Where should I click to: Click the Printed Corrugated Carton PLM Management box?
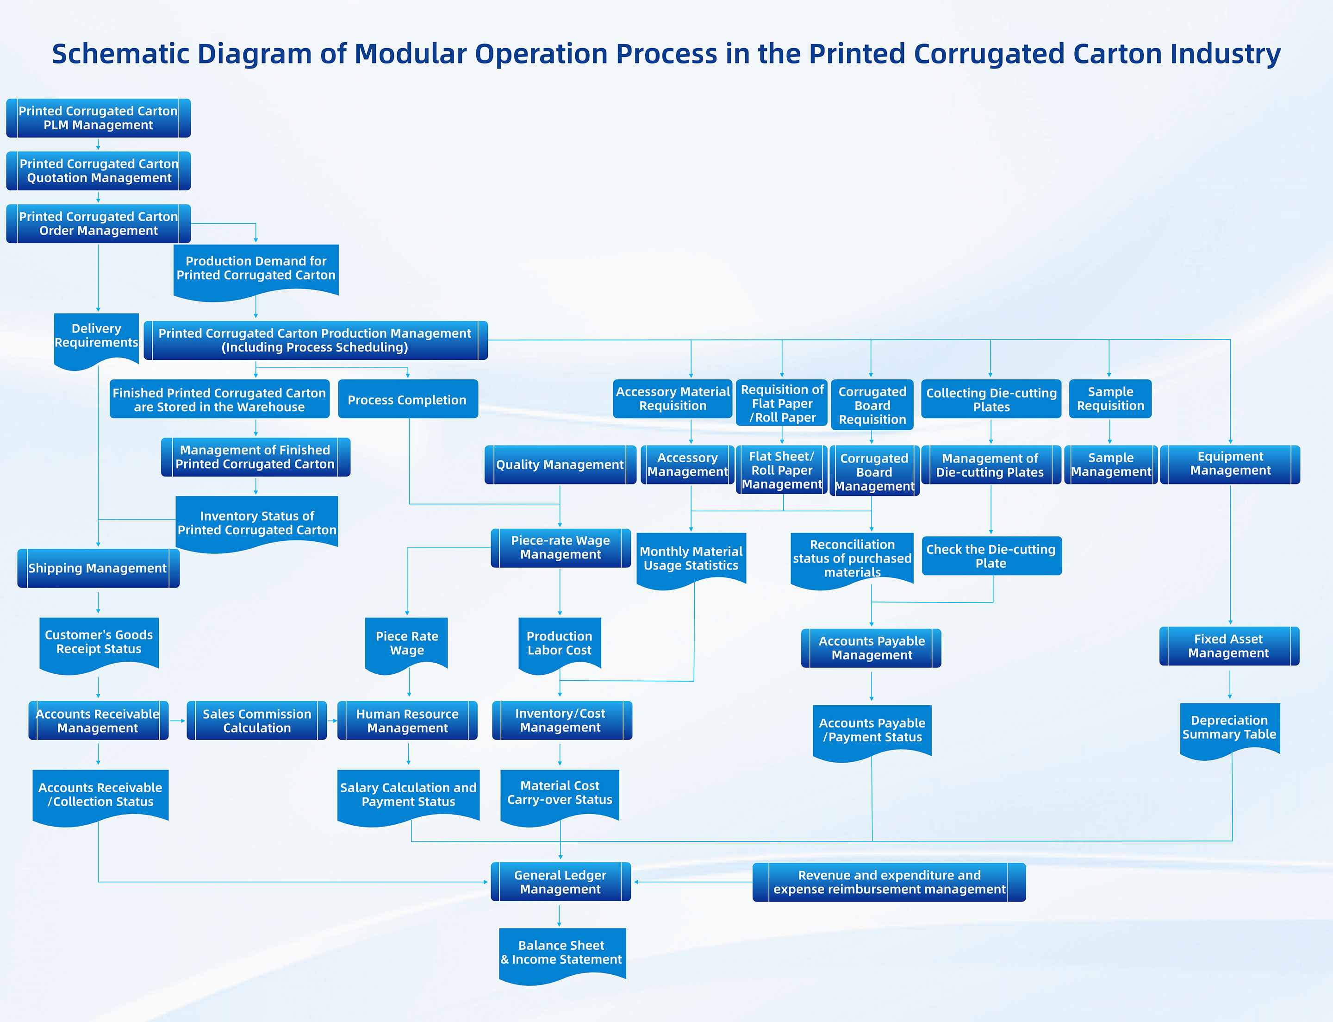(x=98, y=118)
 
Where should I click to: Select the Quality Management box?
(x=560, y=465)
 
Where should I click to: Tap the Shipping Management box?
(x=98, y=568)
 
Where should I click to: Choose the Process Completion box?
(x=407, y=400)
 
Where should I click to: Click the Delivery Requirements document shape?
(x=96, y=336)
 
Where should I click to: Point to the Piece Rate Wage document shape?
(x=407, y=644)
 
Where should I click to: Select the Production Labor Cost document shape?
(x=560, y=644)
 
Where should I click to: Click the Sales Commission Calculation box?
(x=256, y=721)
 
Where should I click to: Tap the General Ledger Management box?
(x=560, y=882)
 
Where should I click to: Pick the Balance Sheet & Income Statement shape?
(x=561, y=953)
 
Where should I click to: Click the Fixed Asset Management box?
(x=1228, y=646)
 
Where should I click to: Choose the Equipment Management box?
(x=1230, y=464)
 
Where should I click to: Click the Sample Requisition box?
(x=1110, y=399)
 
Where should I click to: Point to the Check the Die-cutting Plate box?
(x=991, y=556)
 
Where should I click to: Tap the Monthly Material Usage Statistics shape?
(x=691, y=558)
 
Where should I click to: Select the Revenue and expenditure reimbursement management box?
(x=889, y=882)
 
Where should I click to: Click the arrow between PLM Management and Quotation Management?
(x=98, y=145)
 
